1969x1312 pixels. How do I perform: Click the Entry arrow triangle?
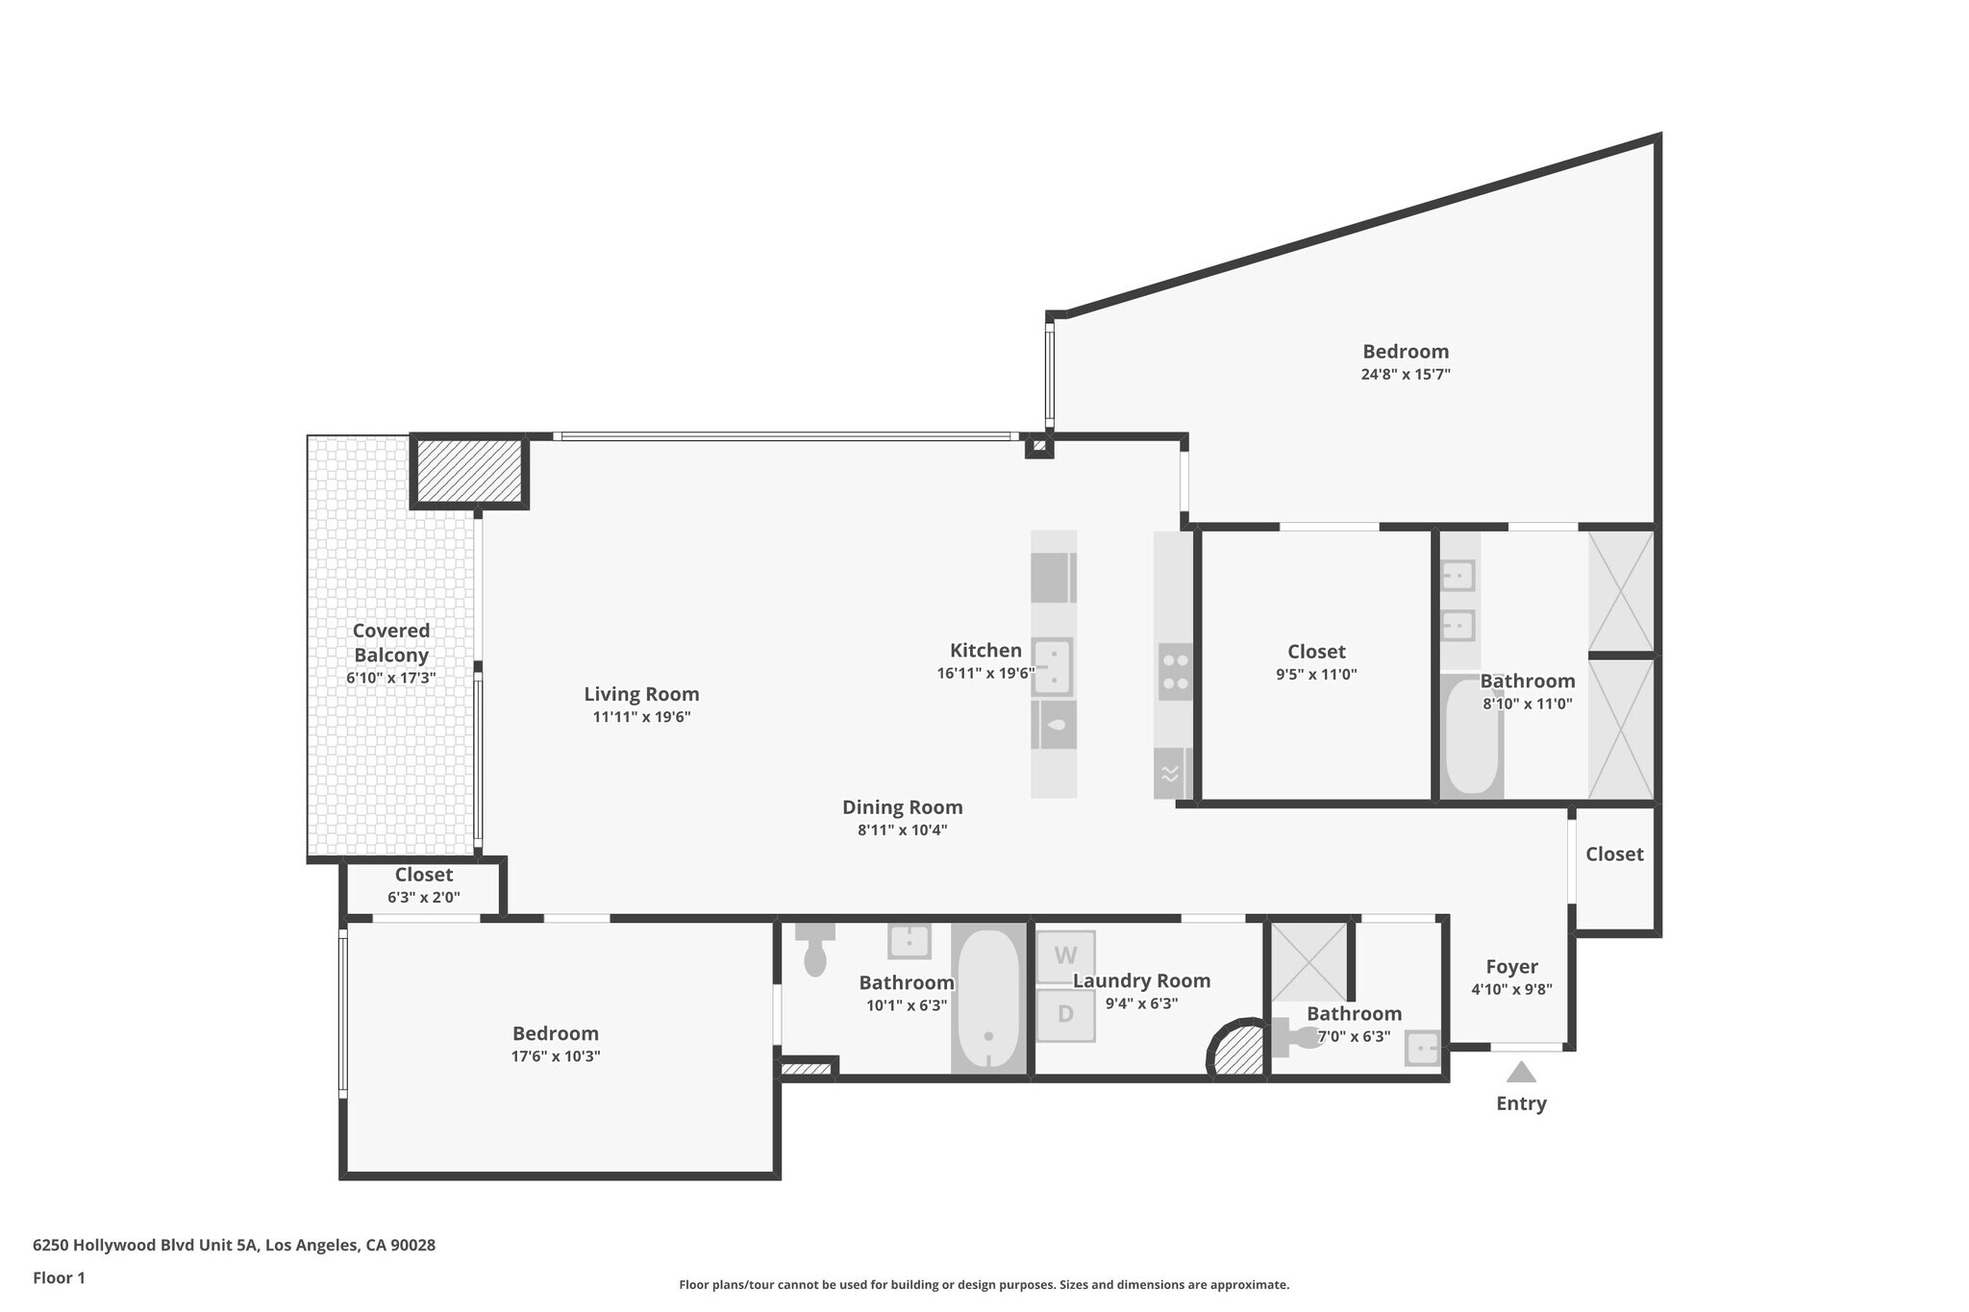click(x=1521, y=1072)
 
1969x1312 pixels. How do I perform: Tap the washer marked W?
click(x=1065, y=956)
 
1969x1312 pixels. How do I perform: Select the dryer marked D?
click(x=1065, y=1014)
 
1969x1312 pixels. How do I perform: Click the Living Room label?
click(x=641, y=694)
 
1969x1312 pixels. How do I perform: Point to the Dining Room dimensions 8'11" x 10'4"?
click(x=902, y=830)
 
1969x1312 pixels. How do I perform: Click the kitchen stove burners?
click(x=1175, y=672)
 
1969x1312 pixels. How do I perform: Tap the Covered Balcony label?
click(x=391, y=643)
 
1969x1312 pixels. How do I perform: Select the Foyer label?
click(x=1511, y=967)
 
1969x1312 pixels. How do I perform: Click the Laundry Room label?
click(x=1141, y=981)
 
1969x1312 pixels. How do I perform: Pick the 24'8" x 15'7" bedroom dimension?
click(x=1406, y=375)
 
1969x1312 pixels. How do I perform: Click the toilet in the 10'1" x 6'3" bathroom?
click(x=814, y=950)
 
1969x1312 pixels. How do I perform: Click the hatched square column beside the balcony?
click(x=469, y=471)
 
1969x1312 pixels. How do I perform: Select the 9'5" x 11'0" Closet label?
click(x=1316, y=652)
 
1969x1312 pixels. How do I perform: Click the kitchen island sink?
click(x=1054, y=666)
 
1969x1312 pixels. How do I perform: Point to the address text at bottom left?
click(x=234, y=1246)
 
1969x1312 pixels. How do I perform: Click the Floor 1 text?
click(x=59, y=1278)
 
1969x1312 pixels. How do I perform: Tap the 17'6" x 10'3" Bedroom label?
click(x=555, y=1033)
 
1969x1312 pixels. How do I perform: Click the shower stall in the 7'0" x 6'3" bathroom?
click(x=1309, y=962)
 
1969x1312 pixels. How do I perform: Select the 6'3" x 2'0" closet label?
click(x=424, y=875)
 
